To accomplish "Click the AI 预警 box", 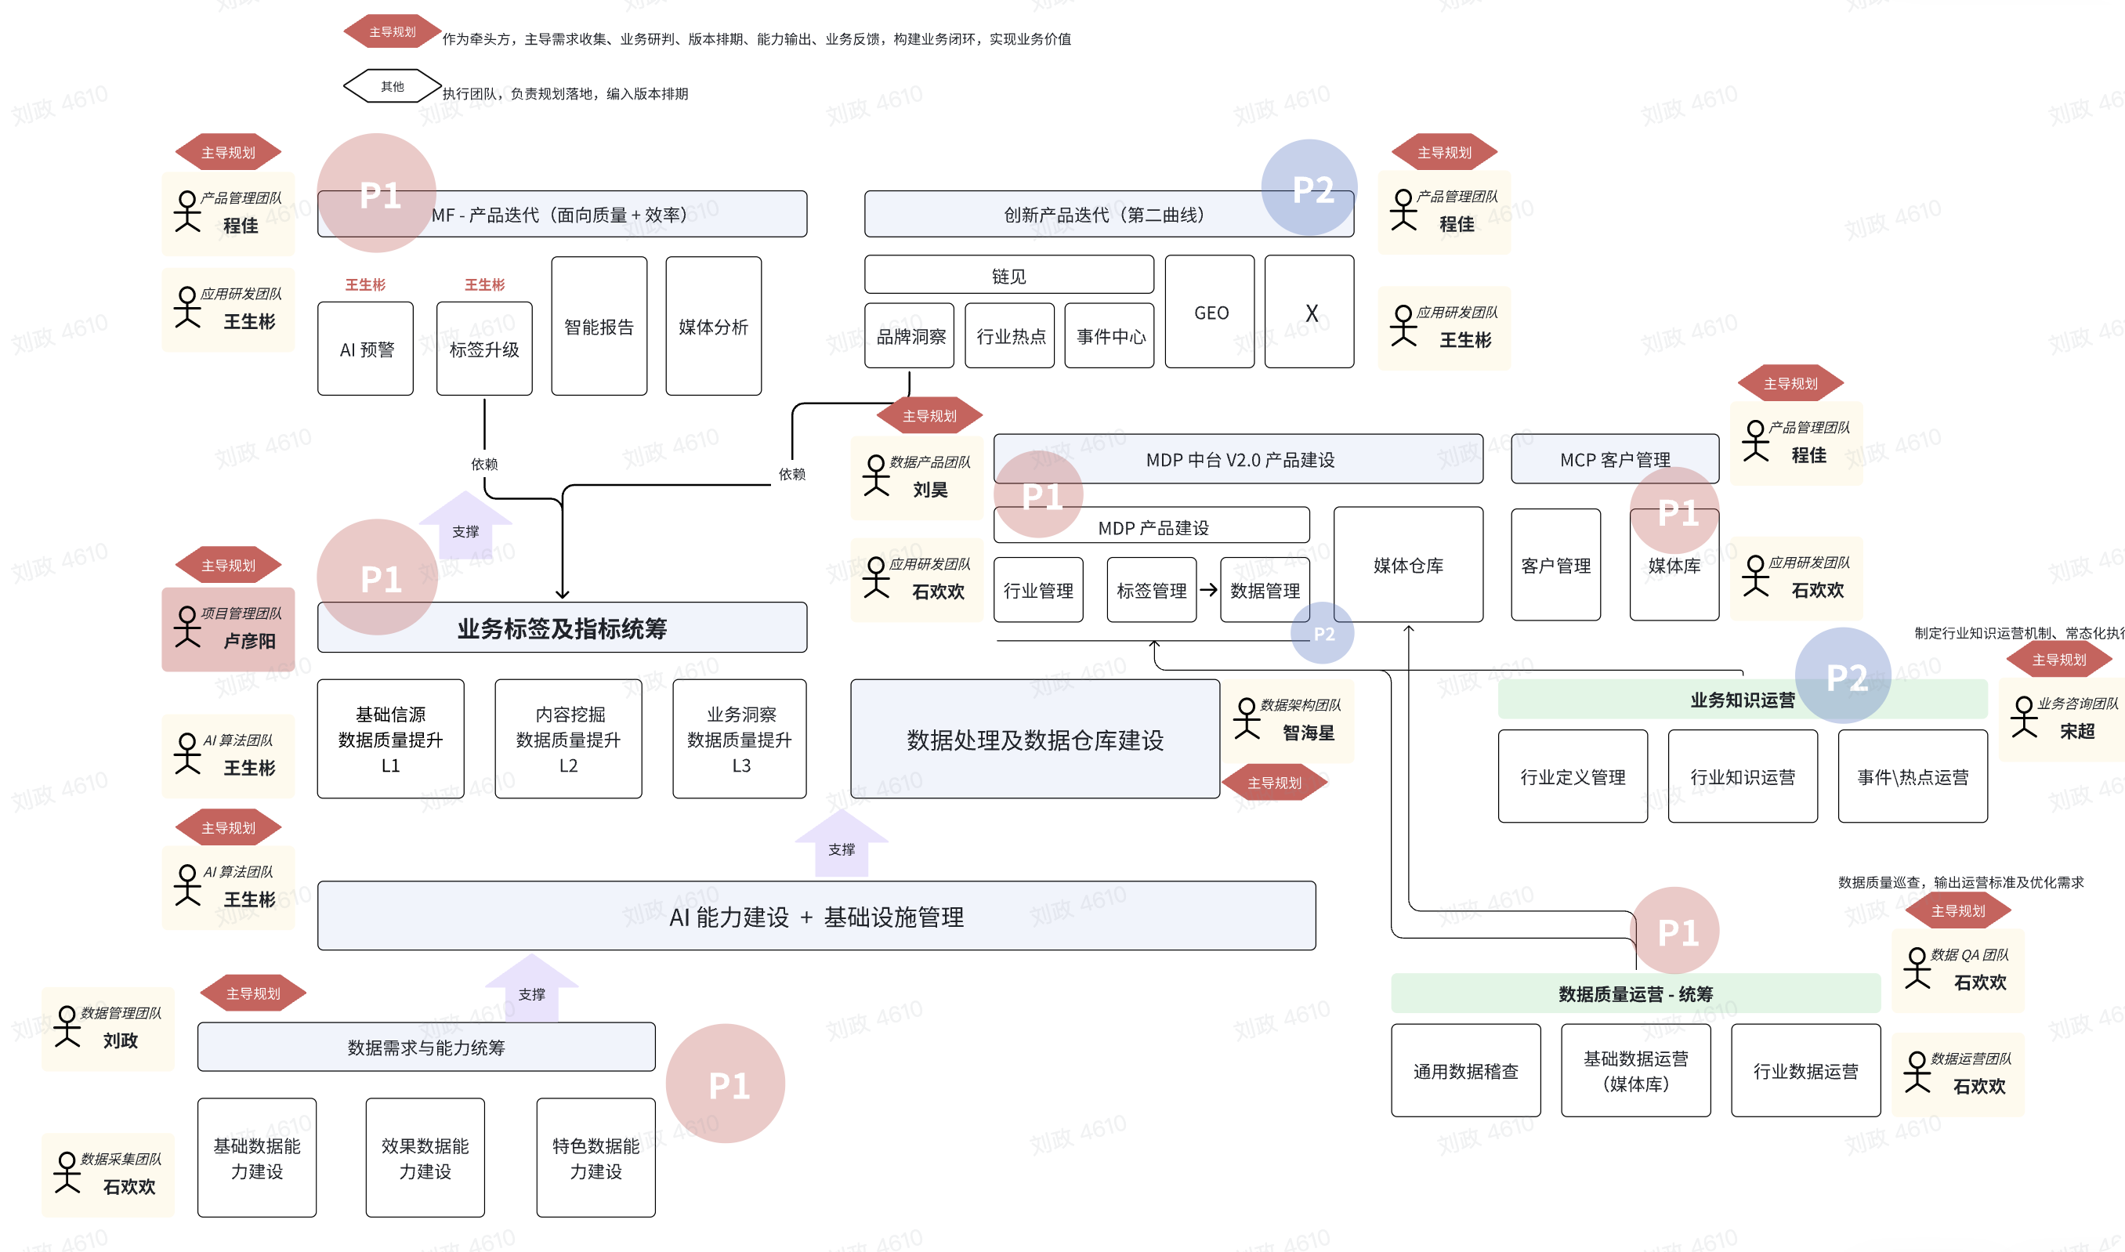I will click(365, 349).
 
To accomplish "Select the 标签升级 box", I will click(484, 349).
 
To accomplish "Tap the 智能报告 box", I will click(599, 326).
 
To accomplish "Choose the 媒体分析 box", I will click(713, 326).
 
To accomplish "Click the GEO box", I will click(1210, 312).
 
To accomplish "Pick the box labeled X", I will click(1309, 312).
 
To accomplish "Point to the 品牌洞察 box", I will click(910, 336).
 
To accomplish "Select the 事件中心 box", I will click(1110, 336).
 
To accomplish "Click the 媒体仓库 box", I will click(1408, 564).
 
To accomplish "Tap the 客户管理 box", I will click(1555, 564).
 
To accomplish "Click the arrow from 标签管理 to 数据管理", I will click(1208, 590).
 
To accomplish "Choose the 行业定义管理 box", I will click(1573, 776).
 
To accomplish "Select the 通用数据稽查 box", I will click(1465, 1070).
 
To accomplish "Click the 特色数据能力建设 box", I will click(596, 1157).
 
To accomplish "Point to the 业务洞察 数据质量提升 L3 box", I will click(740, 739).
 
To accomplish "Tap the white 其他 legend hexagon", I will click(393, 86).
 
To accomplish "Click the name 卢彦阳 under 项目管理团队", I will click(249, 641).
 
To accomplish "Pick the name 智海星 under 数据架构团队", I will click(1309, 733).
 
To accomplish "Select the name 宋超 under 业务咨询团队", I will click(2076, 732).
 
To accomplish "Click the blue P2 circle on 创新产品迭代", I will click(1309, 187).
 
